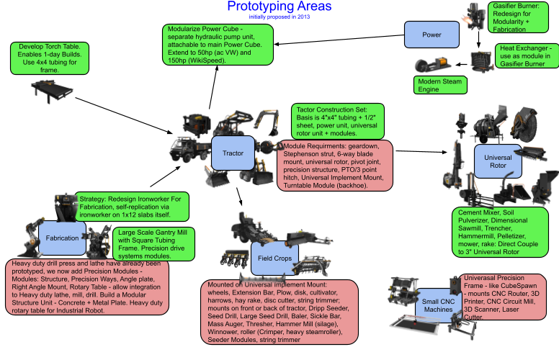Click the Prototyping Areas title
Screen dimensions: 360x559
point(279,7)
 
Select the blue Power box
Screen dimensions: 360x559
point(431,34)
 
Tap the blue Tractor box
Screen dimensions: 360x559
point(232,153)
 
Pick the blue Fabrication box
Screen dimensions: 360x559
point(57,237)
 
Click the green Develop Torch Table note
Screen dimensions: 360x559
point(41,58)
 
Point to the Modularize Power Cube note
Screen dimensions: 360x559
point(218,45)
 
